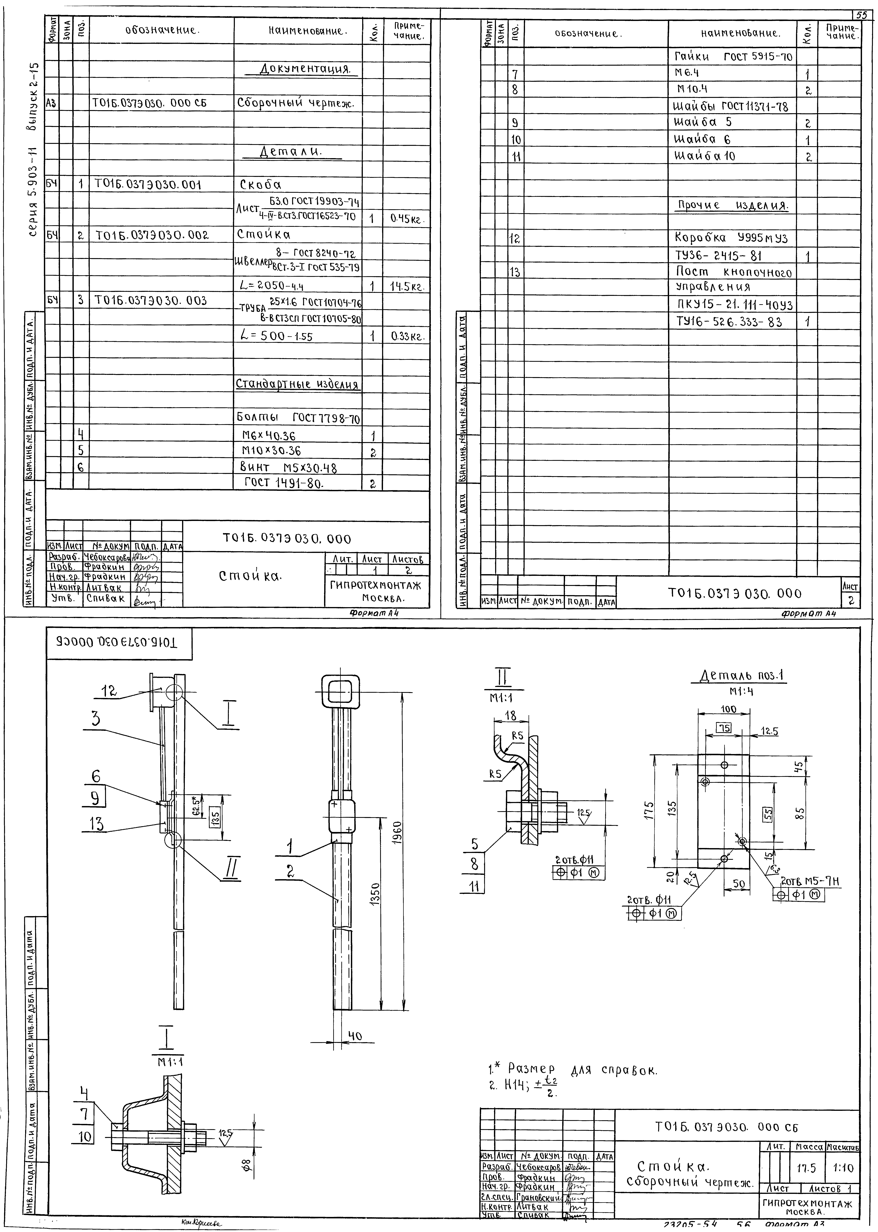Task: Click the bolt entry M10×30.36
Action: point(271,450)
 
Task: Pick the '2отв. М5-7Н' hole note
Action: point(810,882)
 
